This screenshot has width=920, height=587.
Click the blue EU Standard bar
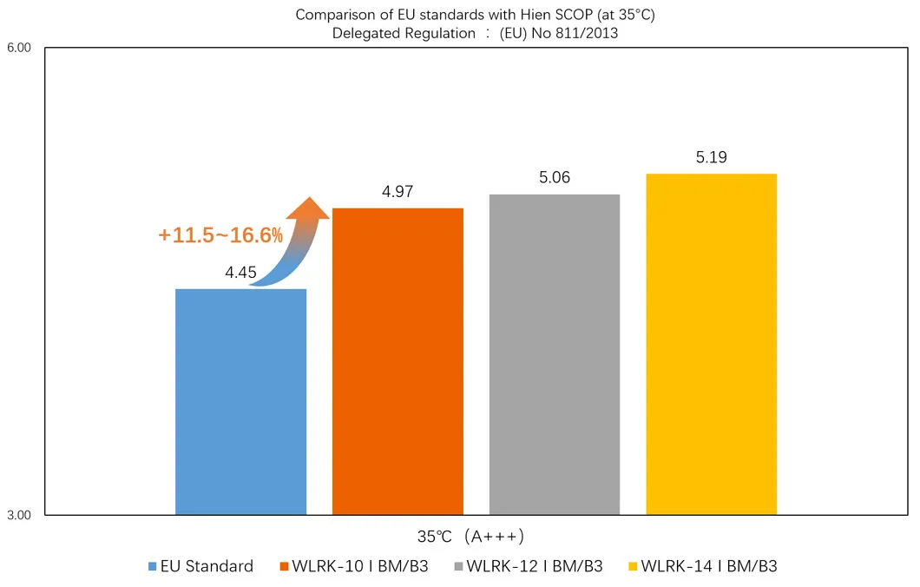pos(240,401)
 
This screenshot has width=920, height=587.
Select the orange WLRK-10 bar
pos(398,361)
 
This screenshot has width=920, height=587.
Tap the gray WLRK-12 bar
pos(555,354)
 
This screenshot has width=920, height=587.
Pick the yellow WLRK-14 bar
pos(711,344)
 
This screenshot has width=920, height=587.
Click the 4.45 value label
pos(240,273)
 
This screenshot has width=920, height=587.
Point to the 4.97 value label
pos(398,192)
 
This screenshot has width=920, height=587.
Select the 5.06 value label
pos(555,178)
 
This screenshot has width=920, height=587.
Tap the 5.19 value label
pos(711,157)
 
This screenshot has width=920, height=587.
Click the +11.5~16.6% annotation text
pos(220,234)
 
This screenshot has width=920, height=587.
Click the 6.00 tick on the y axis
pos(19,48)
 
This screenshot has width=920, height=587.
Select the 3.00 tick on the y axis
pos(19,516)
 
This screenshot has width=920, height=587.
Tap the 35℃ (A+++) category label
pos(470,536)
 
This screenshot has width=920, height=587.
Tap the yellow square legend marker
pos(632,567)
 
